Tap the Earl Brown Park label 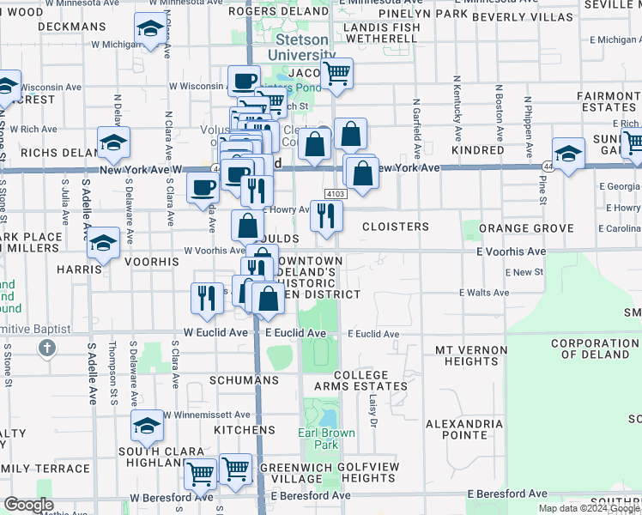click(327, 439)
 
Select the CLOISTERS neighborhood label click(395, 227)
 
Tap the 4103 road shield click(335, 195)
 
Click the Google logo click(28, 505)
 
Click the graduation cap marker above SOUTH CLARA click(147, 424)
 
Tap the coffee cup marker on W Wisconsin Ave click(244, 81)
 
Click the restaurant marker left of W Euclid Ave click(206, 297)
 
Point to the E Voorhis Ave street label click(511, 251)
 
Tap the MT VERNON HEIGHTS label click(467, 355)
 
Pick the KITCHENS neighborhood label click(245, 430)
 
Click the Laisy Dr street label click(373, 410)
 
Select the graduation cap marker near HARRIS click(104, 242)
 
